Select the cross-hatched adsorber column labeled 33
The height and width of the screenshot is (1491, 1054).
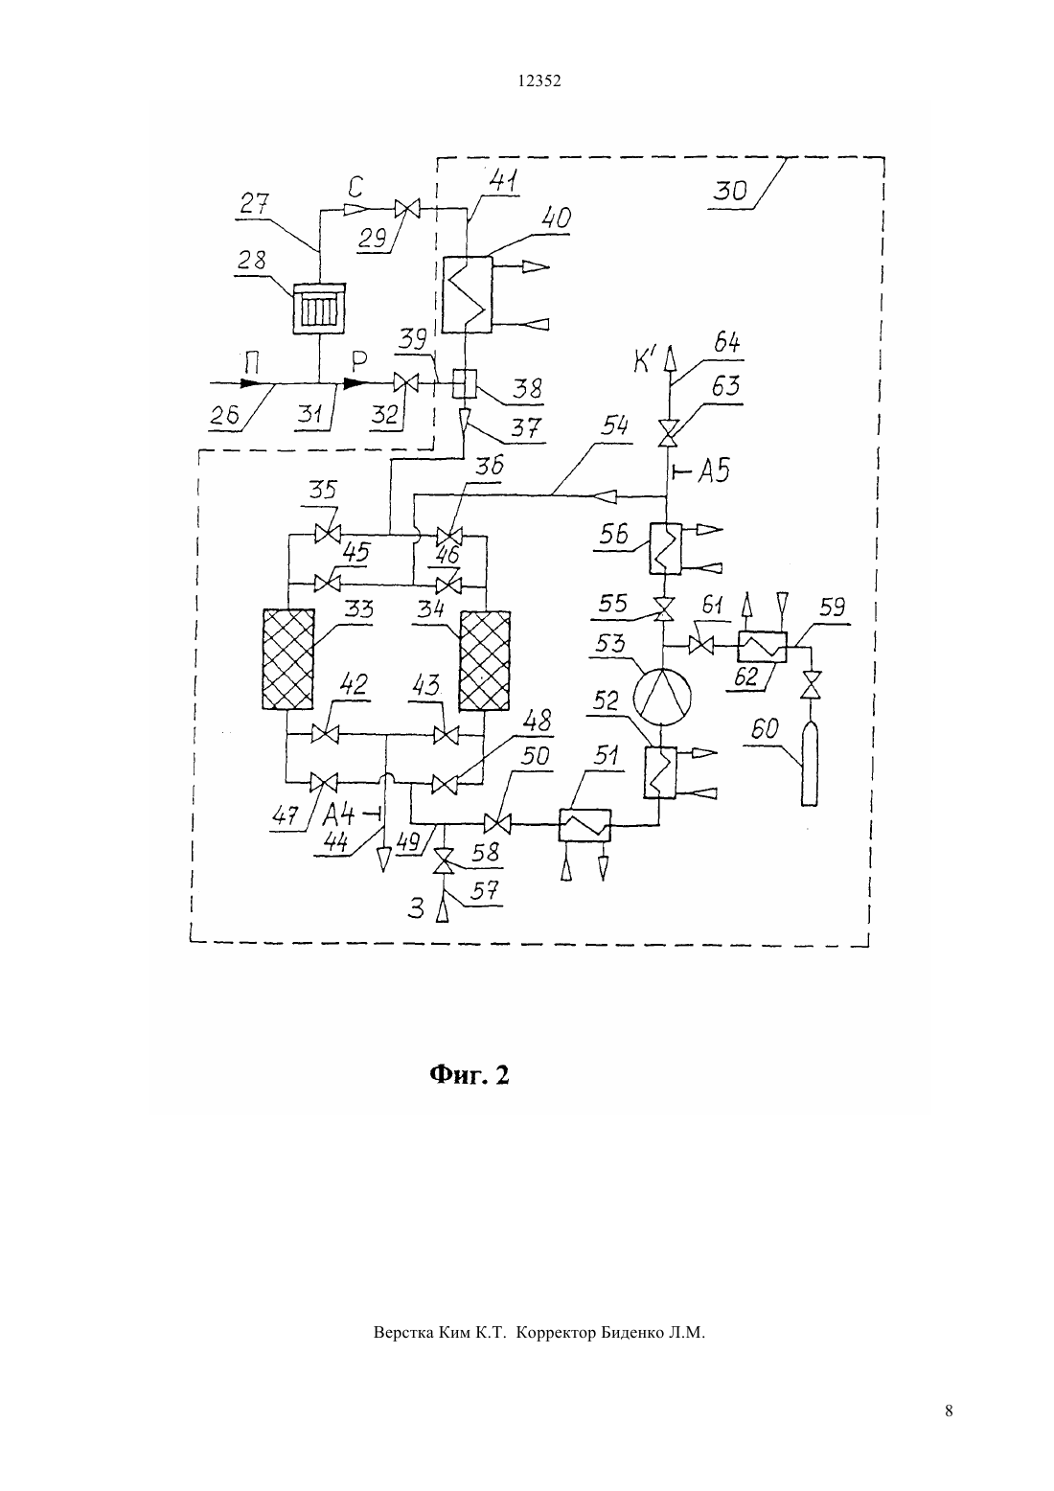(x=288, y=659)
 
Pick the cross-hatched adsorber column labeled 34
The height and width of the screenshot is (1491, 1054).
(x=485, y=661)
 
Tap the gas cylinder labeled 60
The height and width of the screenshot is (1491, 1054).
(x=809, y=765)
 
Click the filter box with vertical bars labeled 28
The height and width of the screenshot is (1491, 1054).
(x=319, y=309)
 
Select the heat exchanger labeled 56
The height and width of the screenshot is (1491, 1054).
(x=665, y=548)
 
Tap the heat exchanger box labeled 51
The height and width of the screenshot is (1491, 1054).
(x=584, y=825)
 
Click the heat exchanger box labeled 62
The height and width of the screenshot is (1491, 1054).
(x=762, y=646)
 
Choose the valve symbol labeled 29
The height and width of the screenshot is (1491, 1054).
(x=405, y=209)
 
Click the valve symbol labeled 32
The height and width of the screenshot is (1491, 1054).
(x=405, y=383)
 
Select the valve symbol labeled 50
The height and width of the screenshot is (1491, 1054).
(x=497, y=825)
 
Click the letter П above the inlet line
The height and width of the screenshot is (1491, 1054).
(x=251, y=364)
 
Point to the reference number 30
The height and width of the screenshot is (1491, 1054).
(x=730, y=192)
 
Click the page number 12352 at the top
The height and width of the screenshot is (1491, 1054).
(x=539, y=80)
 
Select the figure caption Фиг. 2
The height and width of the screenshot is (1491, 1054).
(x=470, y=1075)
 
